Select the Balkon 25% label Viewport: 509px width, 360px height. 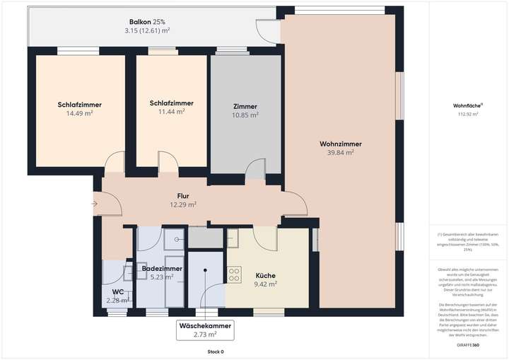(x=147, y=22)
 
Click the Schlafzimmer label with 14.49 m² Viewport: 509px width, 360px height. (x=80, y=105)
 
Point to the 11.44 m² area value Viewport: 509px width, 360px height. (x=171, y=112)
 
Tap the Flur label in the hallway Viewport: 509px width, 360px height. (x=182, y=196)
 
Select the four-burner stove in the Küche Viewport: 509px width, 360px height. (x=235, y=273)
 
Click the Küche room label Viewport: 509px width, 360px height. (x=265, y=276)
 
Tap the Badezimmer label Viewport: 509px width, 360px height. (x=162, y=269)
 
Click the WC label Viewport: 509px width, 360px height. (x=117, y=291)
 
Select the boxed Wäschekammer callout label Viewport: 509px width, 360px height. (x=205, y=330)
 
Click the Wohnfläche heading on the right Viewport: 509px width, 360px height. (x=466, y=106)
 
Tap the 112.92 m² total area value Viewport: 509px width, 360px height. (x=468, y=114)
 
